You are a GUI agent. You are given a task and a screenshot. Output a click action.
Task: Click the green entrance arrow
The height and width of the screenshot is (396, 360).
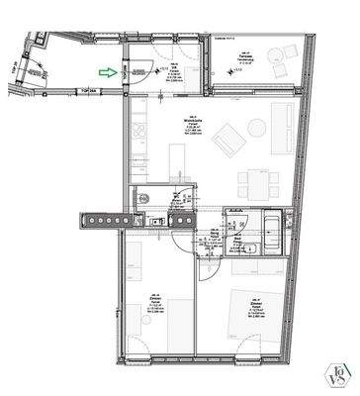tap(106, 71)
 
